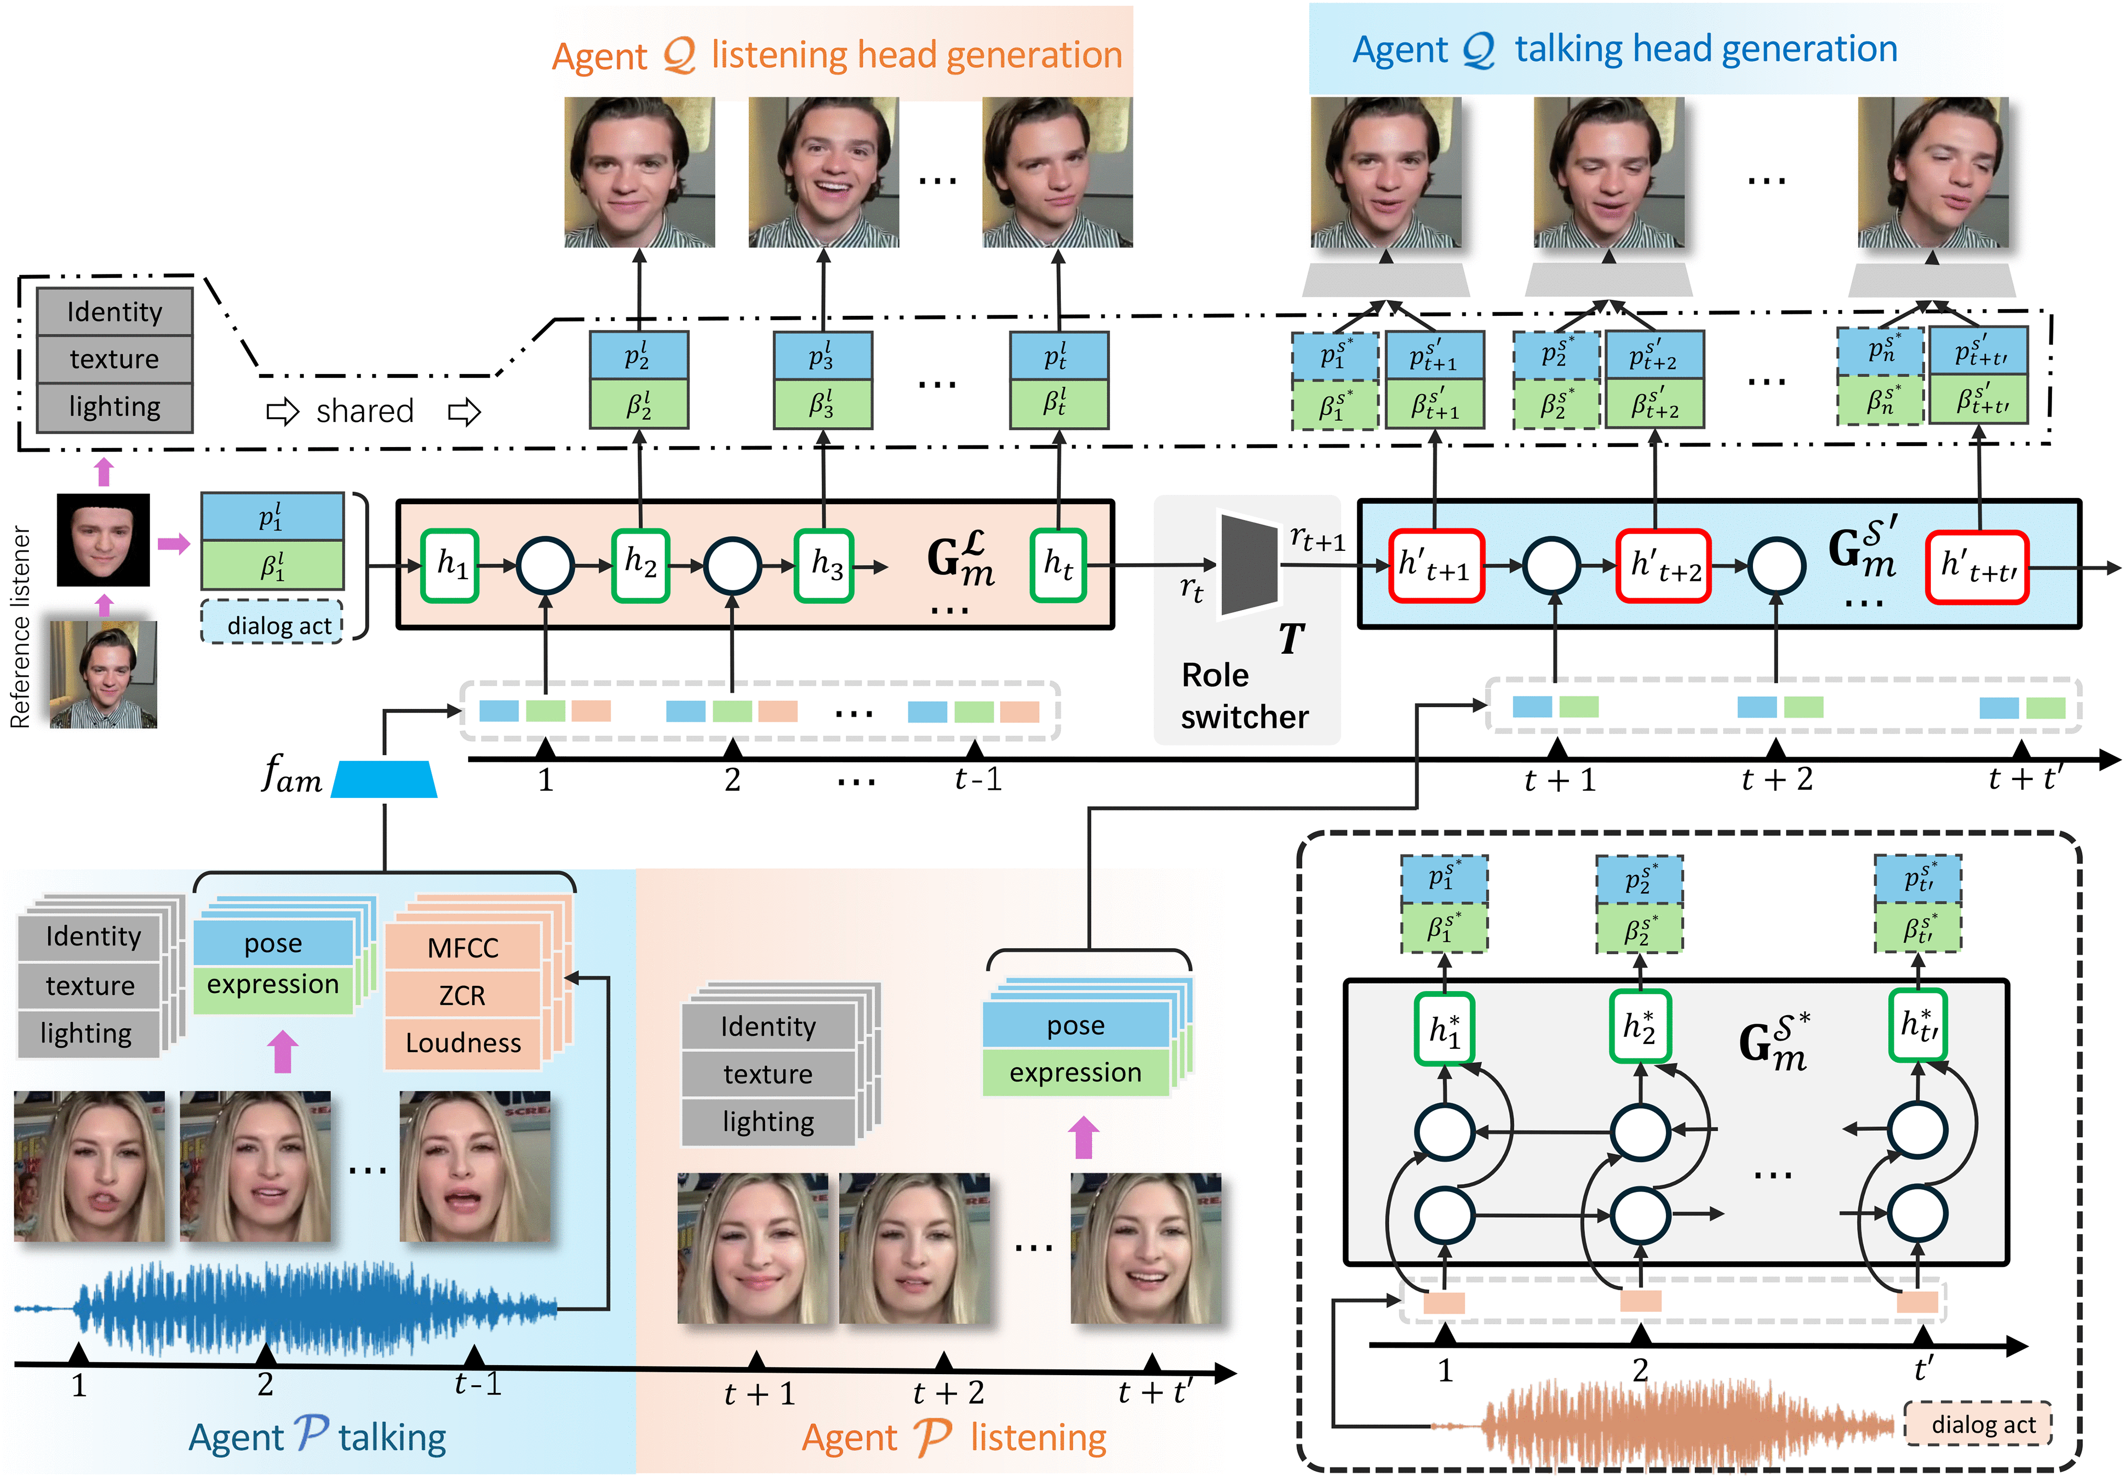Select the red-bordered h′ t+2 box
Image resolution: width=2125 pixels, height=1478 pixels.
point(1663,566)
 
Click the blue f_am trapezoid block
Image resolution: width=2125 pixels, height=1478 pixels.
point(384,779)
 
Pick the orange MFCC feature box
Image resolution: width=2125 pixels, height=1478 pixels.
point(463,948)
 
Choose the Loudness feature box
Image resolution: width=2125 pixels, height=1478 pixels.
point(463,1043)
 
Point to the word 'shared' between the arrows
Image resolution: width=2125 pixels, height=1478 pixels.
point(365,411)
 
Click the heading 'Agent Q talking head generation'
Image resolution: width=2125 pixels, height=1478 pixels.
point(1624,49)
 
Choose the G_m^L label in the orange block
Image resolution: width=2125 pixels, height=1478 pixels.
point(960,560)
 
